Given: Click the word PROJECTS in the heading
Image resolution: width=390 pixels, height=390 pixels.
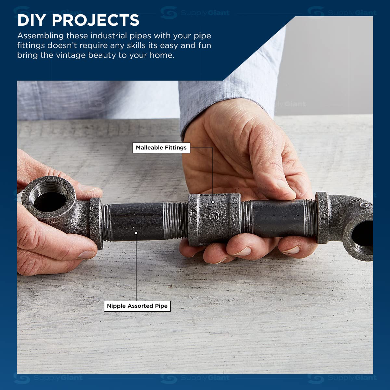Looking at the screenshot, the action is (96, 20).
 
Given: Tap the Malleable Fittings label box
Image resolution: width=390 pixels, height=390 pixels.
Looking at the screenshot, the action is (161, 148).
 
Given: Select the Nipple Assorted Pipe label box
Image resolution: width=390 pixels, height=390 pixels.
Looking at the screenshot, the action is (137, 306).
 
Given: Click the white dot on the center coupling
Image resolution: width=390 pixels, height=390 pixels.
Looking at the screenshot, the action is (213, 202).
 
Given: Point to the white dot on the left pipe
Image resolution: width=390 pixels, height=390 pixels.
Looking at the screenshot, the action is (136, 233).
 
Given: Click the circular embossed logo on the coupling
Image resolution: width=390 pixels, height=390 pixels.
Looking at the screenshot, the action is (214, 216).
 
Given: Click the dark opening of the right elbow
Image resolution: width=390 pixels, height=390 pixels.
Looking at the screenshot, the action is (364, 235).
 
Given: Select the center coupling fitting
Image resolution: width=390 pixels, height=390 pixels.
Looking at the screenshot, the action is (214, 220).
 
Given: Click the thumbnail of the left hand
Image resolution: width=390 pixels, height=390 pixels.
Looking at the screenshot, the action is (87, 254).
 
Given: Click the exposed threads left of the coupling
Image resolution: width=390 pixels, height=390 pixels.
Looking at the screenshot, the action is (175, 220).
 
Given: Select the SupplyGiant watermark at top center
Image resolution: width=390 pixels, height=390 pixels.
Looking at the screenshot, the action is (195, 13).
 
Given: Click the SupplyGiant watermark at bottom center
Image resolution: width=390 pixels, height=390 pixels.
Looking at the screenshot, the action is (195, 378).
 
